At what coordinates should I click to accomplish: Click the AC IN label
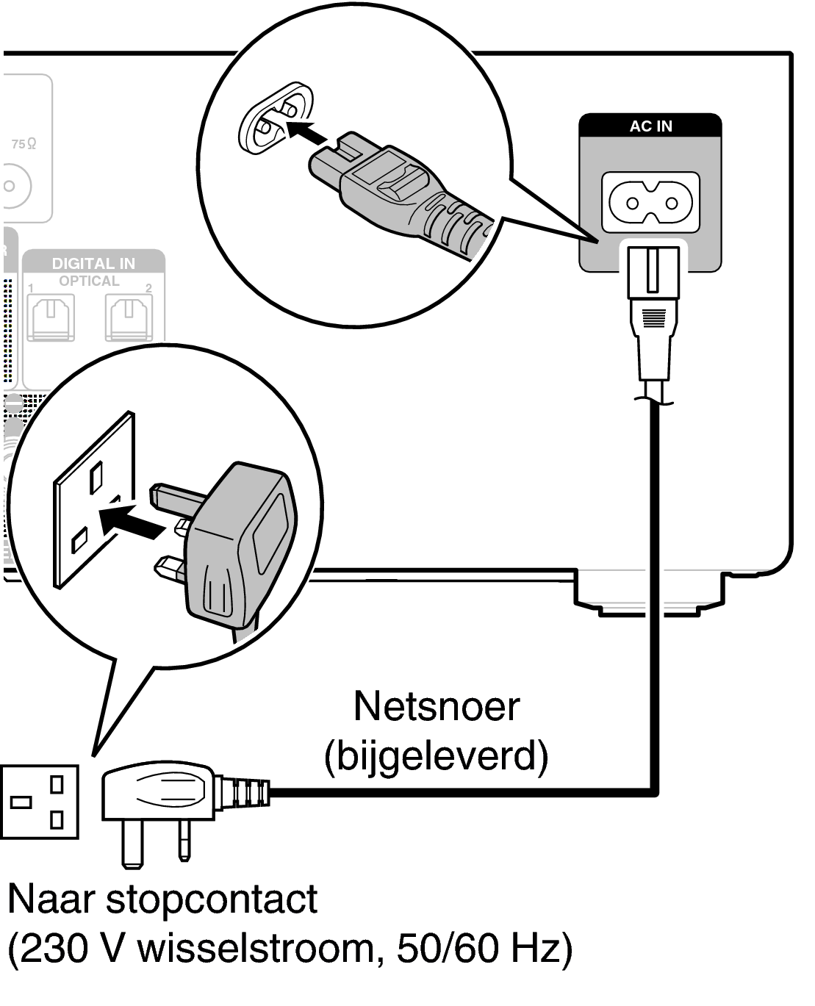tap(650, 126)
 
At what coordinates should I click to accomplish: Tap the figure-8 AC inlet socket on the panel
tap(650, 201)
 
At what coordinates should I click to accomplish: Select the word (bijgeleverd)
tap(436, 755)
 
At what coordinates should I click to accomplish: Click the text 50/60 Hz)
tap(484, 949)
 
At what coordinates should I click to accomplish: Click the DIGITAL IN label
tap(93, 263)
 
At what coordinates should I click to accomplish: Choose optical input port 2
tap(128, 318)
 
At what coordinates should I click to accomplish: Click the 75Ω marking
tap(24, 145)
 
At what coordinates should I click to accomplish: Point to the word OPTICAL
tap(89, 281)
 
